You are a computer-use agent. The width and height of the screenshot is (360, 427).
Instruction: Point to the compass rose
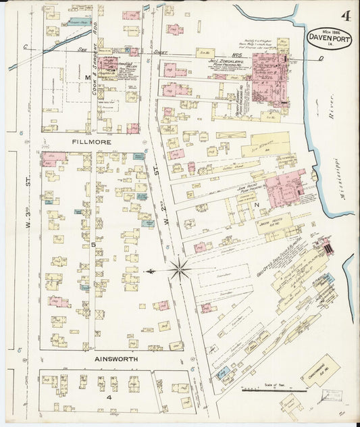pyautogui.click(x=180, y=270)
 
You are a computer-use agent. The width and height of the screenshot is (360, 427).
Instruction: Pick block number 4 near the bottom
pyautogui.click(x=108, y=397)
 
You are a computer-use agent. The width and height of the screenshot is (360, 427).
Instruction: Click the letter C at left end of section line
pyautogui.click(x=24, y=47)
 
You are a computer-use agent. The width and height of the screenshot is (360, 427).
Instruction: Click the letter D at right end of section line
pyautogui.click(x=320, y=59)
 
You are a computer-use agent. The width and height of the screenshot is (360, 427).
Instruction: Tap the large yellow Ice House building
pyautogui.click(x=265, y=145)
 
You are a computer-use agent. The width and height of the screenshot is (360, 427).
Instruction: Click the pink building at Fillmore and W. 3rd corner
pyautogui.click(x=53, y=159)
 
